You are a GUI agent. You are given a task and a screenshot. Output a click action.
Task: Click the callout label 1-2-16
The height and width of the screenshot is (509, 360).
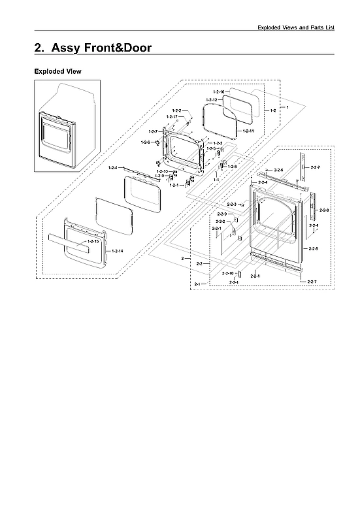click(218, 92)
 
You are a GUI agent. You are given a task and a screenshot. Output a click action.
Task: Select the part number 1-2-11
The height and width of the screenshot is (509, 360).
click(248, 132)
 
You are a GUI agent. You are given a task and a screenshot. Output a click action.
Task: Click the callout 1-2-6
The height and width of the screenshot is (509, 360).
click(146, 142)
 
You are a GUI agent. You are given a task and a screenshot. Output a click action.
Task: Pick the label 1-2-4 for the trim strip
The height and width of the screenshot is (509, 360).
click(113, 168)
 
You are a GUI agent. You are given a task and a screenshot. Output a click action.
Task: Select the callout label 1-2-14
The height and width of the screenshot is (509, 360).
click(117, 251)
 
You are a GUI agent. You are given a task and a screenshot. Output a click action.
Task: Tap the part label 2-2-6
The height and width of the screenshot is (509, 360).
click(278, 170)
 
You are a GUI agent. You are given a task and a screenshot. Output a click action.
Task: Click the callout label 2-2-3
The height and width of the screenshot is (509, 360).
click(232, 205)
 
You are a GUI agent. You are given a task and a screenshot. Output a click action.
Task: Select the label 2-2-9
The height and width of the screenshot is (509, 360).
click(221, 214)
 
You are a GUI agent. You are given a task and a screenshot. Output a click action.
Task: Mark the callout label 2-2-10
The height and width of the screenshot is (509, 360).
click(227, 272)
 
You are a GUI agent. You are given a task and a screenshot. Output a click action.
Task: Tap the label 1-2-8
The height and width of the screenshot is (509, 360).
click(232, 167)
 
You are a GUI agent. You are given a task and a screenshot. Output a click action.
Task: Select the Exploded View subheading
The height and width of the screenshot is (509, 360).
click(57, 71)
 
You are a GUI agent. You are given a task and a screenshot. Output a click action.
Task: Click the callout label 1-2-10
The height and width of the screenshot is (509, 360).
click(161, 171)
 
